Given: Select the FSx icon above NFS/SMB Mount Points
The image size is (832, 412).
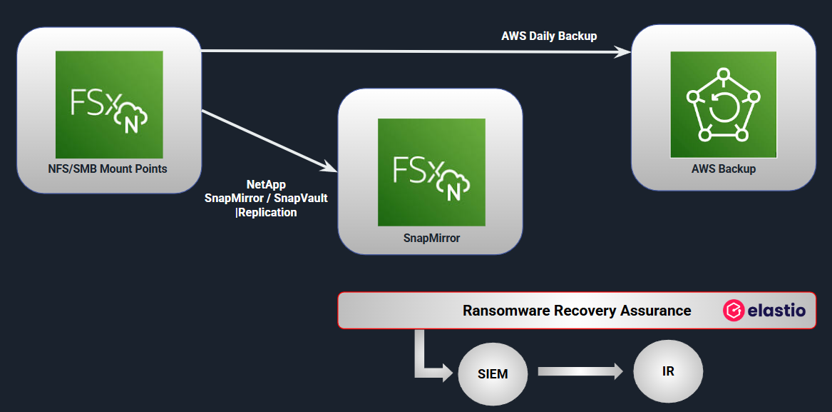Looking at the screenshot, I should [x=109, y=104].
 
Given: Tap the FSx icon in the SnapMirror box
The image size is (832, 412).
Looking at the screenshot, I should [x=431, y=172].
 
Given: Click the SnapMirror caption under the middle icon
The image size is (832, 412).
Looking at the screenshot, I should [x=431, y=238].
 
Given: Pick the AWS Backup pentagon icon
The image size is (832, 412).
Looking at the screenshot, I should [x=723, y=104].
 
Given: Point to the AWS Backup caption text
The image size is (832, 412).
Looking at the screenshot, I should [x=724, y=169].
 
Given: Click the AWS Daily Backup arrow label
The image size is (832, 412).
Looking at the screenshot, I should [x=549, y=36].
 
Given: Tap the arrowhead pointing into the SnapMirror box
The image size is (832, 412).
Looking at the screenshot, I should [x=330, y=167].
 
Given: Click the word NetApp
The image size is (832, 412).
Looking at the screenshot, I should [x=266, y=184].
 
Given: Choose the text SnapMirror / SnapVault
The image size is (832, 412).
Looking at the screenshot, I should [x=266, y=198].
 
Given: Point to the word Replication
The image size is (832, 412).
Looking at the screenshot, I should [x=267, y=212].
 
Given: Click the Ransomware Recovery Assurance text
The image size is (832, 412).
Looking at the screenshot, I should [x=577, y=311].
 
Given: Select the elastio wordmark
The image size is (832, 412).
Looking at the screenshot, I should [x=776, y=311].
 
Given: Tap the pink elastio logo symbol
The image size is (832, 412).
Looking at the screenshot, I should [x=733, y=311].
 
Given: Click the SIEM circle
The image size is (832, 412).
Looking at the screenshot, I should [x=493, y=373].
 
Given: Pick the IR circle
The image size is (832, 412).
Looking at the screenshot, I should [x=668, y=372].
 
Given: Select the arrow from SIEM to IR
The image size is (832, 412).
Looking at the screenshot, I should [x=579, y=372].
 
